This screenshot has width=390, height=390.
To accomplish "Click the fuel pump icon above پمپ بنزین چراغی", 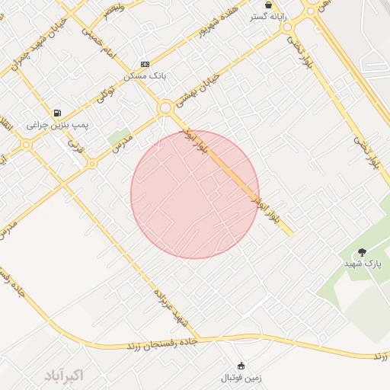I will pos(57,113).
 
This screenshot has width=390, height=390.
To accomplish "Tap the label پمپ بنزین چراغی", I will pos(58,124).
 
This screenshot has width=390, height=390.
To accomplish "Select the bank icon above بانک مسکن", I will pos(145,64).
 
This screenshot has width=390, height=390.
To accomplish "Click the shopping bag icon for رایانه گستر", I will pos(268,5).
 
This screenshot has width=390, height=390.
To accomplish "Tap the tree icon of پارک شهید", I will pos(362,252).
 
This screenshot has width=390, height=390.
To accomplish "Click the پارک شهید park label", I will pos(363,264).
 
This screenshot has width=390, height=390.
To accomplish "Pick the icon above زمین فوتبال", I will pos(241,366).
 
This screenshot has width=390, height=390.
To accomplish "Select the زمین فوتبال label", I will pos(241,377).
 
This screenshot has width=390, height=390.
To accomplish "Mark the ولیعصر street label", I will pos(113,11).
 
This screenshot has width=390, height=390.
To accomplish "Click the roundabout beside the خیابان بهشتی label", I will pos(165,108).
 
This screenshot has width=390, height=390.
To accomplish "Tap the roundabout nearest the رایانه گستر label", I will pos(286,27).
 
